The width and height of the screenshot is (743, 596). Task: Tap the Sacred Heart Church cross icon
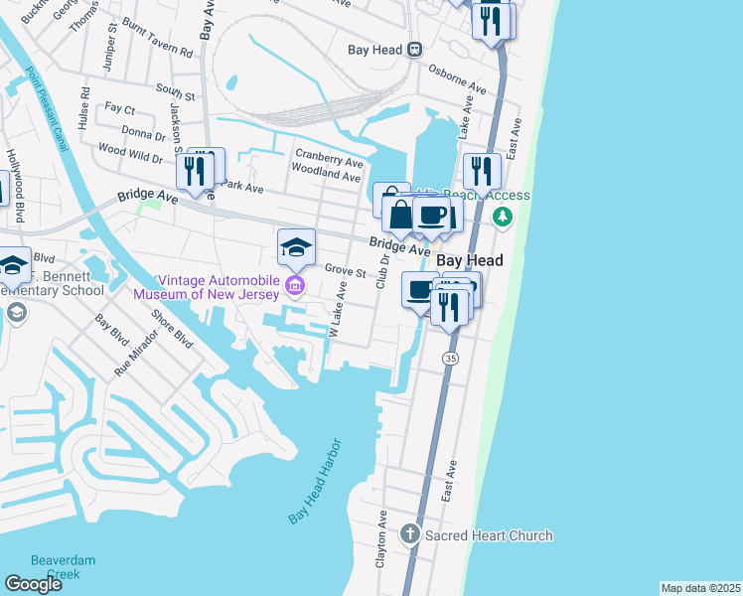[x=408, y=535]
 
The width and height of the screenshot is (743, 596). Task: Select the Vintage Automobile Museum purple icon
[x=294, y=288]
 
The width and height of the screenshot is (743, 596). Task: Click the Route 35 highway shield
[x=450, y=357]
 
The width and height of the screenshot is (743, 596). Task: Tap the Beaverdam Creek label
[x=63, y=567]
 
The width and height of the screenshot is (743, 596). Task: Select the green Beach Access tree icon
[x=504, y=216]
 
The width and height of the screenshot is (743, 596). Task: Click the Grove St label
[x=346, y=269]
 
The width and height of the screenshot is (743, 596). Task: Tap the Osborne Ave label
[x=457, y=79]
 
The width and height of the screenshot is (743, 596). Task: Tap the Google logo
[x=33, y=584]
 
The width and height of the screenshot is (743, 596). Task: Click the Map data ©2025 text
[x=700, y=588]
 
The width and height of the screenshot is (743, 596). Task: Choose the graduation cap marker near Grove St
[x=296, y=247]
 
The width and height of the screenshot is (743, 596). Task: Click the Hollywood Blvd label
[x=15, y=186]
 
